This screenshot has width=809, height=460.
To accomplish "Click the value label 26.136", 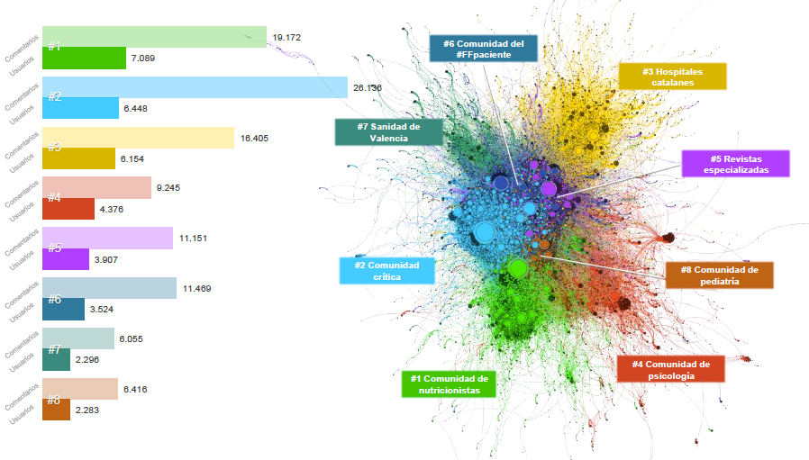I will click(x=368, y=88).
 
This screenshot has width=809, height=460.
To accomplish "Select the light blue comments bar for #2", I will click(x=195, y=87).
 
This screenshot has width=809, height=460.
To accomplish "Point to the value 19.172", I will click(x=286, y=38).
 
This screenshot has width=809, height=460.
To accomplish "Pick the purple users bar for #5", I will click(x=66, y=259).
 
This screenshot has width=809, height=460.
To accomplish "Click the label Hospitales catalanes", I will click(x=672, y=77).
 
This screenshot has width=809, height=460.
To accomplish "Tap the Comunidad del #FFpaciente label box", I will click(x=483, y=49).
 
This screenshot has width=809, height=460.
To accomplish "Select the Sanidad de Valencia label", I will click(x=388, y=132).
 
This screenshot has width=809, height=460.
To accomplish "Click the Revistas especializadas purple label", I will click(x=735, y=164).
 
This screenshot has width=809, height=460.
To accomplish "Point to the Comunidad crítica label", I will click(x=386, y=271).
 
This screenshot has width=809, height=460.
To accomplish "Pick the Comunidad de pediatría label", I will click(x=718, y=275).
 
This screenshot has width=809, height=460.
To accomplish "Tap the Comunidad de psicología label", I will click(x=670, y=369).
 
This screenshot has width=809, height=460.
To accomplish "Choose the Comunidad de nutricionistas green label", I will click(x=449, y=384).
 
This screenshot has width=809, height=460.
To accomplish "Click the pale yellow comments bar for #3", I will click(x=139, y=138).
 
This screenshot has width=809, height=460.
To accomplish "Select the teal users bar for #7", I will click(x=56, y=359).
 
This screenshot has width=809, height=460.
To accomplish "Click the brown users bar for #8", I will click(x=56, y=410).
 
